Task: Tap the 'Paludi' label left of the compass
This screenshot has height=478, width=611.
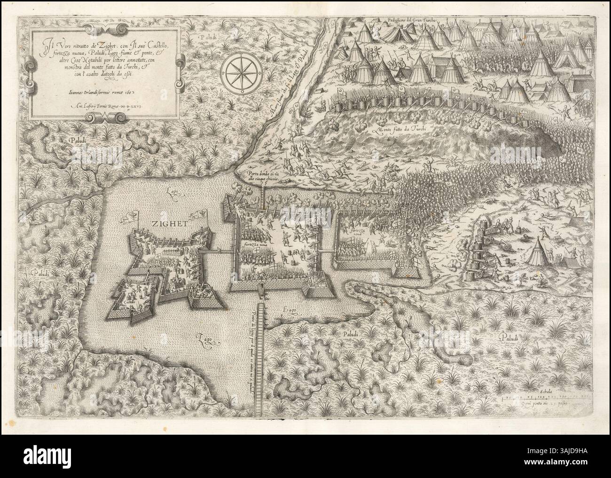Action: (x=206, y=37)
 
